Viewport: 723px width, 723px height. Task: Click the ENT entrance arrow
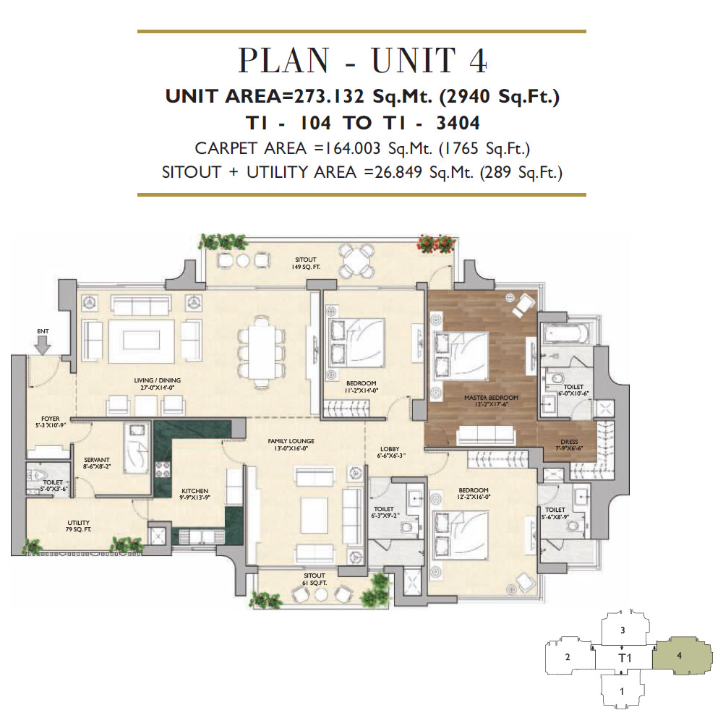click(x=43, y=346)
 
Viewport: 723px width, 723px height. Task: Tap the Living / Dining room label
click(x=157, y=384)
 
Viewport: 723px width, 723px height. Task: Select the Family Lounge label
click(x=291, y=445)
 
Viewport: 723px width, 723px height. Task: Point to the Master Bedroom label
click(x=491, y=401)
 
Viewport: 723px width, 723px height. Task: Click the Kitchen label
click(x=194, y=495)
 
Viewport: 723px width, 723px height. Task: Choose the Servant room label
click(x=97, y=463)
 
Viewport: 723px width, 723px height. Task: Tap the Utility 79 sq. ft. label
click(x=78, y=526)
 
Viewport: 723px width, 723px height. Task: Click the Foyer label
click(x=51, y=422)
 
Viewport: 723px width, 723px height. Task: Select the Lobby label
click(x=390, y=453)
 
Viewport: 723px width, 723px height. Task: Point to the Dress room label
click(x=569, y=445)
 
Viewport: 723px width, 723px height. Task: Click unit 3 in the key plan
click(x=623, y=630)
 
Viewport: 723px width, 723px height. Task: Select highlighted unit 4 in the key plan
click(x=678, y=656)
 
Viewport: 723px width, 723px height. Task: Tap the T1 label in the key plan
click(x=625, y=658)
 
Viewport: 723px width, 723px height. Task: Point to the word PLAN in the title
click(x=283, y=61)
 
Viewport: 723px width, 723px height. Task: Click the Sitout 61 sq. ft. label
click(x=315, y=579)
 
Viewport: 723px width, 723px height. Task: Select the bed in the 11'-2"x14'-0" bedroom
click(x=356, y=342)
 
